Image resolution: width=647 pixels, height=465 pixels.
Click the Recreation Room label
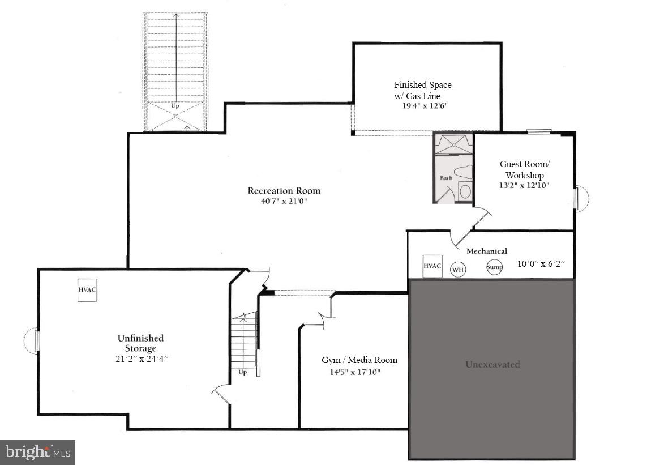click(284, 190)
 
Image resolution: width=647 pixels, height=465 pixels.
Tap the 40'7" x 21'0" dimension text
click(284, 201)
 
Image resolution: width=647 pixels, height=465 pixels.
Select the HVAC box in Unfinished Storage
click(87, 289)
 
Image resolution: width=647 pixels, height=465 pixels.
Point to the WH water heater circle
click(458, 270)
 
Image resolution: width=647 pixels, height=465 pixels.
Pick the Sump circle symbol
click(494, 267)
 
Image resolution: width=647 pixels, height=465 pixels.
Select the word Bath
click(446, 178)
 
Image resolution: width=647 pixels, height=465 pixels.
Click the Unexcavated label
click(492, 364)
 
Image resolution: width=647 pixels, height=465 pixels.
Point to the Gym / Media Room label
click(359, 360)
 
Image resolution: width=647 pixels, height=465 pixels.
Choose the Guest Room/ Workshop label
click(524, 169)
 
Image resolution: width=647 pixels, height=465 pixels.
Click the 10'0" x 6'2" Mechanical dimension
click(541, 264)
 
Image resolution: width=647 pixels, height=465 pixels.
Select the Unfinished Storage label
click(140, 343)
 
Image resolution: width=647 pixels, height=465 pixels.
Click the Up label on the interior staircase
click(242, 372)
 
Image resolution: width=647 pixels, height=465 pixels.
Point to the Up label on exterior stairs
click(175, 106)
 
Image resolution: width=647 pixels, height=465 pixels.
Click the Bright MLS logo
click(37, 452)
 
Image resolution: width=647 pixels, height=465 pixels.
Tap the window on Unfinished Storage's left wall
click(37, 341)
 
